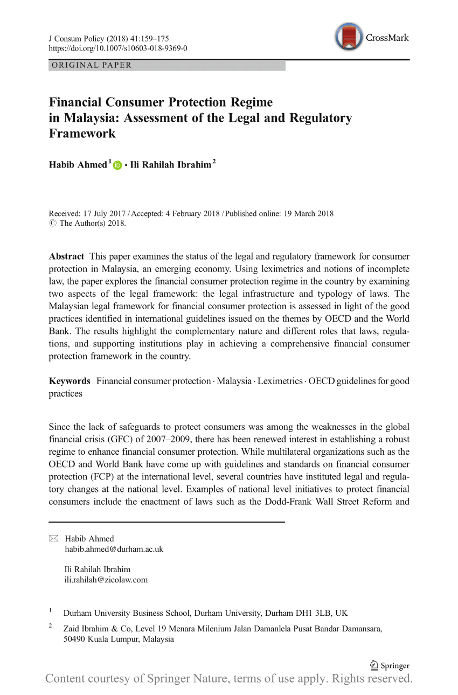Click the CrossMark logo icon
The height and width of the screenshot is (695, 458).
click(349, 37)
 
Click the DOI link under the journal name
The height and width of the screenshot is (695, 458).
click(118, 48)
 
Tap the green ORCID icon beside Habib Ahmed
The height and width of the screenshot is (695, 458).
click(118, 166)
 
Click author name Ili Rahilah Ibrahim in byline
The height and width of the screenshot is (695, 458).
click(170, 165)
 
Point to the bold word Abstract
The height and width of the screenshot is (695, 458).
click(66, 256)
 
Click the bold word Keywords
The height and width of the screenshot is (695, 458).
click(70, 381)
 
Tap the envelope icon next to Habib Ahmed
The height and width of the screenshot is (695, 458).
click(53, 539)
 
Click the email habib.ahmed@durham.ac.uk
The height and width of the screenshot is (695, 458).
click(114, 549)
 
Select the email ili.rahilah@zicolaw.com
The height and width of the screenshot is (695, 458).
click(106, 580)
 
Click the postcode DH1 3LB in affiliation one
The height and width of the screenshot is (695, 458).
click(314, 613)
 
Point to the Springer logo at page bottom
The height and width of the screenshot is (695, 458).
click(389, 666)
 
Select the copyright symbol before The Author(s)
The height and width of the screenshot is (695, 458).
click(52, 223)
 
